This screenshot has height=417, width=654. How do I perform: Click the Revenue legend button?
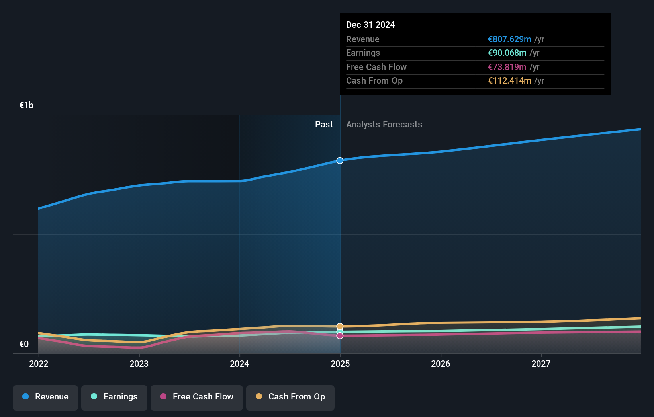coord(45,397)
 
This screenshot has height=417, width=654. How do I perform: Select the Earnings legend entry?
coord(114,397)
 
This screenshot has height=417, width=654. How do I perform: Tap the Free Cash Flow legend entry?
coord(197,397)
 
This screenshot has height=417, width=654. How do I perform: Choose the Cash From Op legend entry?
coord(290,397)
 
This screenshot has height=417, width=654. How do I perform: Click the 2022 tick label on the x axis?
coord(39,364)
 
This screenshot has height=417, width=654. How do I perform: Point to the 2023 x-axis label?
coord(139,364)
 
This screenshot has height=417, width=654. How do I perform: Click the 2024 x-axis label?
coord(239,364)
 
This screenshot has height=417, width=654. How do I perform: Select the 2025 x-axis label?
coord(340,364)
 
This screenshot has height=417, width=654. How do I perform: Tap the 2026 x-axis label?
coord(441,364)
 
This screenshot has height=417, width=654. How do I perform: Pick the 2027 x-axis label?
coord(541,364)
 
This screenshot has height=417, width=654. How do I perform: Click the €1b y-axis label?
coord(26,105)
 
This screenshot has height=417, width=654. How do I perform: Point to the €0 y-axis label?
coord(24,344)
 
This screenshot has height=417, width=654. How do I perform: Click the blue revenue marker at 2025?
coord(340,161)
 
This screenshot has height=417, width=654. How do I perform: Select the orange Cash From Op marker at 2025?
coord(340,326)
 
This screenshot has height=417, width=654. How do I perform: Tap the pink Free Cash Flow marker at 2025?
coord(340,336)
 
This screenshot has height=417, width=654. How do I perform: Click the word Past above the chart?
coord(324,125)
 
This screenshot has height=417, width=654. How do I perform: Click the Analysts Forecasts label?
coord(384,125)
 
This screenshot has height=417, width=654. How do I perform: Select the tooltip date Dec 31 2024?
coord(370,25)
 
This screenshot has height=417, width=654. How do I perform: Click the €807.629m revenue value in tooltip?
coord(509,39)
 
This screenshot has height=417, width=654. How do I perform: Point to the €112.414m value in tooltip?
coord(509,81)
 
